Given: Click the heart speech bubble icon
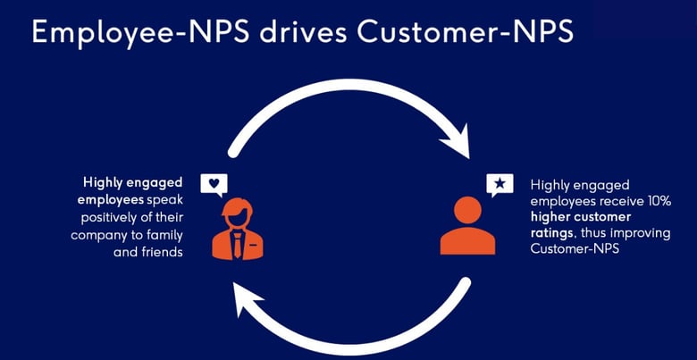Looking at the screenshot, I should pyautogui.click(x=214, y=185).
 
